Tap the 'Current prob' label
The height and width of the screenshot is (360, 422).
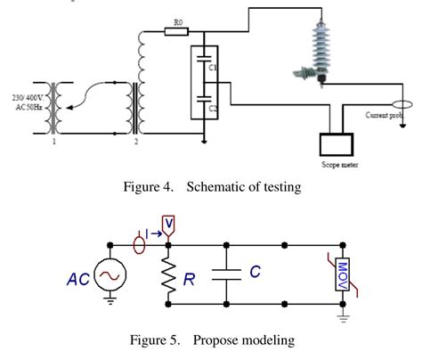(388, 115)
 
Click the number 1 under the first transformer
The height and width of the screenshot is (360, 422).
(56, 142)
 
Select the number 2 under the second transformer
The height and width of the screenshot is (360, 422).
(135, 142)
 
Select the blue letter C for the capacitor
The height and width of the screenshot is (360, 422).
(256, 270)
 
